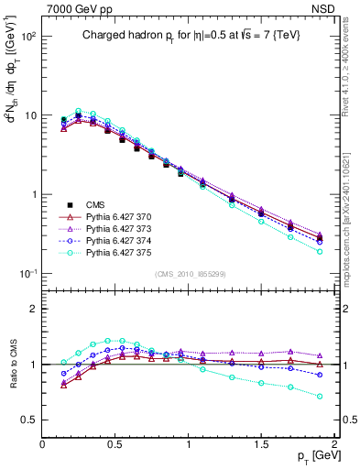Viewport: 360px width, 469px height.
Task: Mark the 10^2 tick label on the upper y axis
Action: [x=27, y=37]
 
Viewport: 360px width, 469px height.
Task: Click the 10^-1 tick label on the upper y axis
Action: [x=27, y=274]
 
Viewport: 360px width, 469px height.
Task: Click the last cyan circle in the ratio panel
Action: [x=320, y=397]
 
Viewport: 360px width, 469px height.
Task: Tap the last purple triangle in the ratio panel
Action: [x=320, y=355]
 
